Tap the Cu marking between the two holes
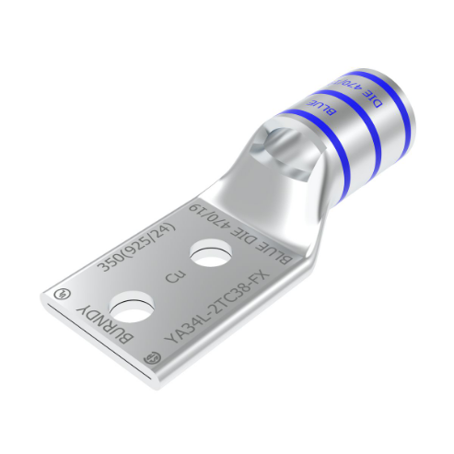pos(171,274)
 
